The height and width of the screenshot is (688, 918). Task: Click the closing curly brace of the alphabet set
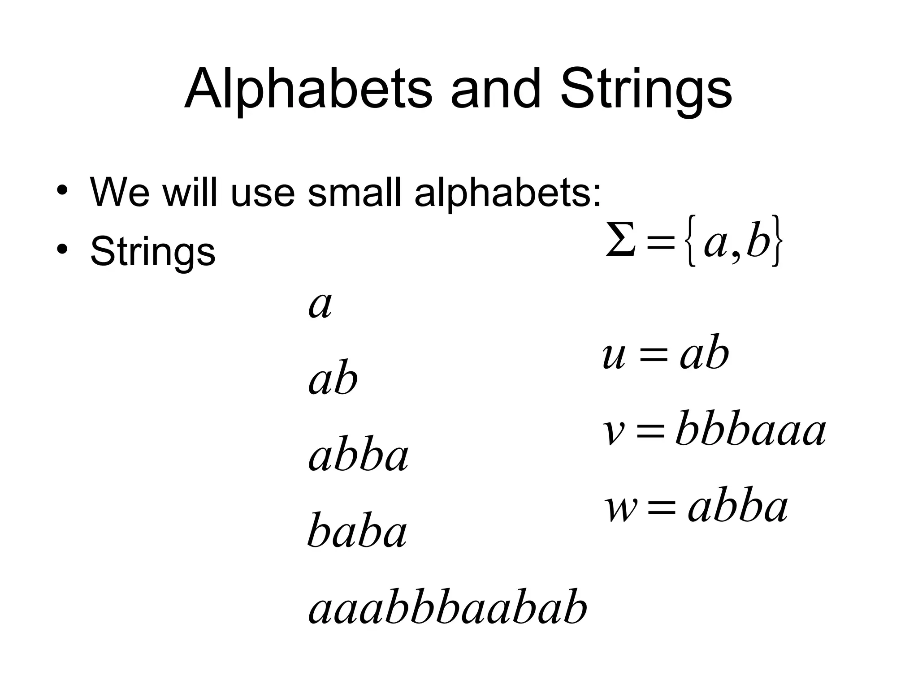click(x=777, y=242)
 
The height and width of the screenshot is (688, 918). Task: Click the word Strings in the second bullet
click(x=153, y=251)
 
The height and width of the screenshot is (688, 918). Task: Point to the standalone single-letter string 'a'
click(x=320, y=305)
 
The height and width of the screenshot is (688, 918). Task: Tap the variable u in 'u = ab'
click(x=614, y=356)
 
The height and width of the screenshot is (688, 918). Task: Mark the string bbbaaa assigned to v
click(x=750, y=430)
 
